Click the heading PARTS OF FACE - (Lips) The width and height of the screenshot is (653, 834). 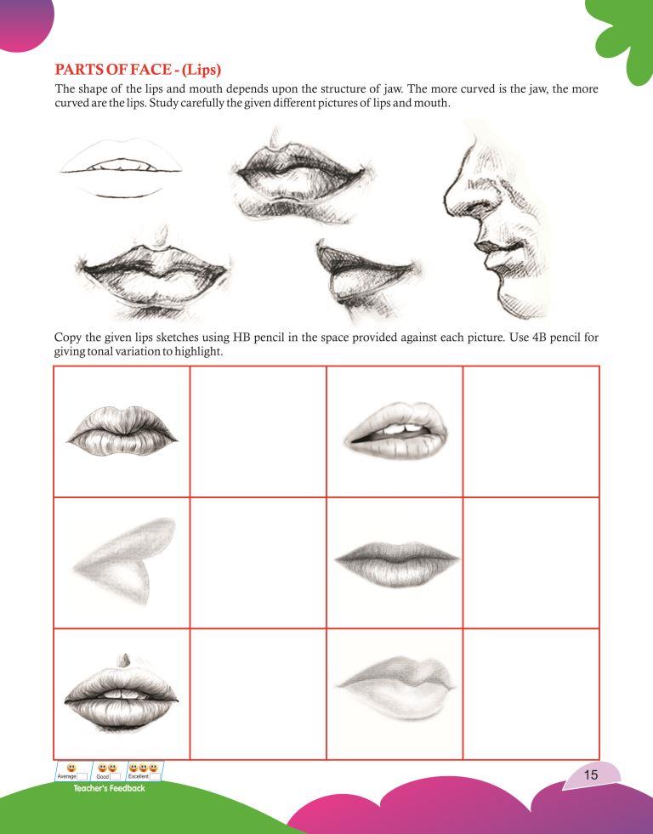(x=138, y=70)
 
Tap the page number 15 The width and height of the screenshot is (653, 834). (x=591, y=774)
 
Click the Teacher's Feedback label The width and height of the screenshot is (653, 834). (x=109, y=788)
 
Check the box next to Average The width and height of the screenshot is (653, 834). (x=82, y=776)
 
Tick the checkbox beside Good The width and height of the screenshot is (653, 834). (x=115, y=776)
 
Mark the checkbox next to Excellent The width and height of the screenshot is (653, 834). (x=155, y=776)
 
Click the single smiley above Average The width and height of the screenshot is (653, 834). (x=71, y=768)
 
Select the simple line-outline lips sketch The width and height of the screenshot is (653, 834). (x=121, y=168)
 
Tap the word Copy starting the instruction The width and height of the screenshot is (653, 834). (x=67, y=338)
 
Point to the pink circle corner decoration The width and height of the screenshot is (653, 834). (x=24, y=22)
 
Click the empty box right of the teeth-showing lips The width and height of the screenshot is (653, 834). (x=531, y=431)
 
